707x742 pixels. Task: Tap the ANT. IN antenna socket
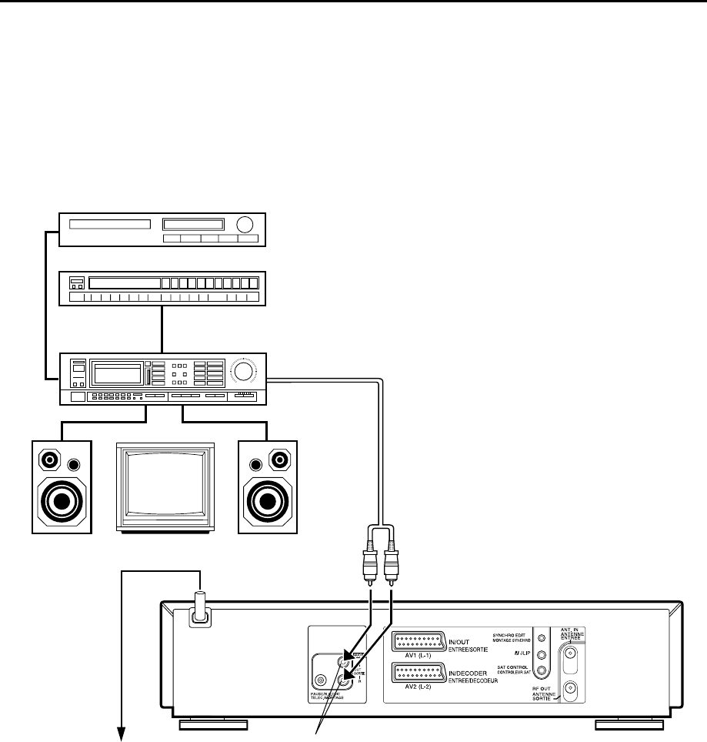click(x=569, y=657)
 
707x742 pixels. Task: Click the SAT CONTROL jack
click(x=542, y=671)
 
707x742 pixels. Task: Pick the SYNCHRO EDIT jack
click(x=542, y=638)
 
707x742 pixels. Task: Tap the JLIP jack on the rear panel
click(x=542, y=655)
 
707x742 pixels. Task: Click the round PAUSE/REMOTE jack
click(x=322, y=680)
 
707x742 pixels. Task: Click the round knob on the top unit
click(x=245, y=225)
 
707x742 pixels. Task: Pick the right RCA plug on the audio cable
click(x=392, y=568)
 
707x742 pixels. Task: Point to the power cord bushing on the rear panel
click(x=200, y=613)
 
